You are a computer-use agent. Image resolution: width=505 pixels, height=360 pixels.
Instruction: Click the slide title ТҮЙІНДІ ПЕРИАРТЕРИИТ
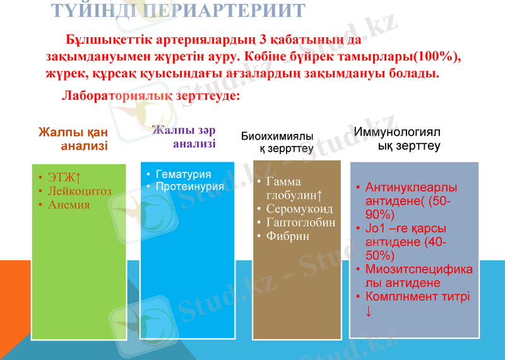coord(177,10)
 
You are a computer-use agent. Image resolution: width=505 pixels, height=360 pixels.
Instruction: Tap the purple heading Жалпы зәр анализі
coord(184,137)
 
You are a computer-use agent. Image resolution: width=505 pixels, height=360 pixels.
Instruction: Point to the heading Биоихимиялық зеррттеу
coord(278,142)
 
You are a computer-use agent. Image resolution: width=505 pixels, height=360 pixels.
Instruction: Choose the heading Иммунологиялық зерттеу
coord(398,139)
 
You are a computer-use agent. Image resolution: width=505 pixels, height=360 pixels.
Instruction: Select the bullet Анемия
coord(69,205)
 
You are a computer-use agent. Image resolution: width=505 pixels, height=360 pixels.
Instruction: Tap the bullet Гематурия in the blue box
coord(183,174)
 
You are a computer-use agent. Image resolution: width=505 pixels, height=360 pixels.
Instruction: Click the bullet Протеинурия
coord(189,186)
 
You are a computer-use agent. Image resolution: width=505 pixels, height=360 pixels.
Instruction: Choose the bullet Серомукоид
coord(300,208)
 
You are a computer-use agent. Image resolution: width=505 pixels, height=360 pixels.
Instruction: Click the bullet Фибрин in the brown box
coord(288,236)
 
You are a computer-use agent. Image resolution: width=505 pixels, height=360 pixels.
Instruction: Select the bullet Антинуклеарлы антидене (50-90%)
coord(410,200)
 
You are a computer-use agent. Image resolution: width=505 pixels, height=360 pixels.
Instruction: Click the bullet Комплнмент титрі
coord(417,296)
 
